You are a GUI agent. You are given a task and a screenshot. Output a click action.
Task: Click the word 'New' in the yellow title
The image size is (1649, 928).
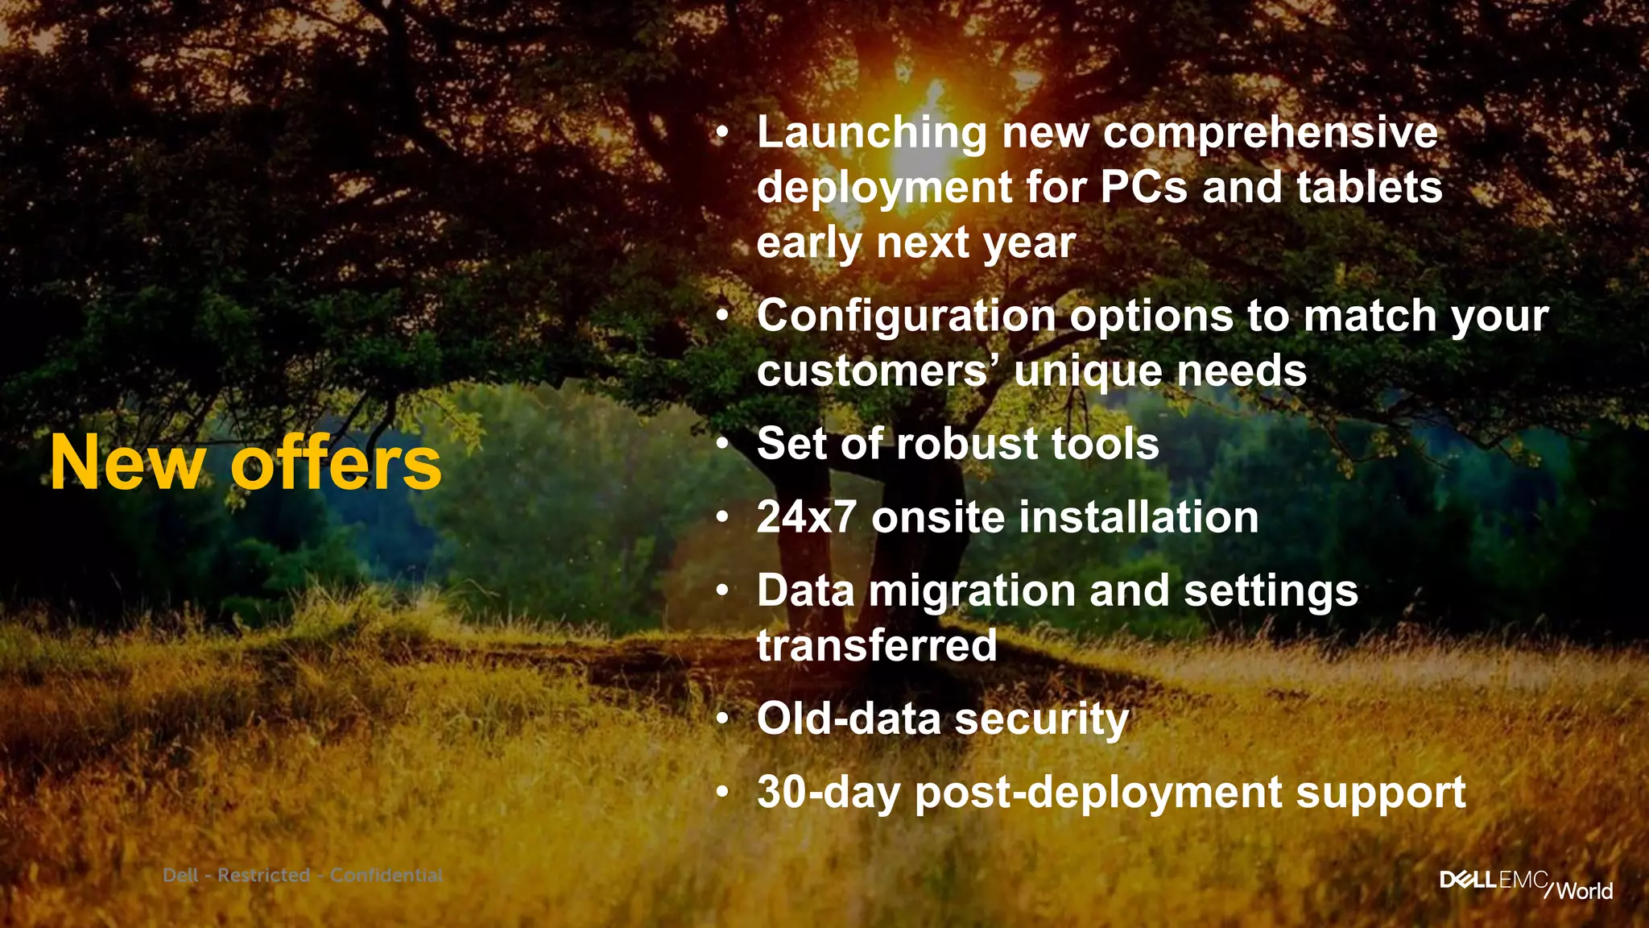(127, 463)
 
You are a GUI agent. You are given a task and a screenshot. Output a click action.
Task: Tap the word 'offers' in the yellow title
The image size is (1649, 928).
(337, 463)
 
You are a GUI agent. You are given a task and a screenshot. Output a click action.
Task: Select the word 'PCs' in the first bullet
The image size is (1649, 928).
(1143, 188)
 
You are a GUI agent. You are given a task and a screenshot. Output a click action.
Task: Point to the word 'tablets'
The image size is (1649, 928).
(1370, 188)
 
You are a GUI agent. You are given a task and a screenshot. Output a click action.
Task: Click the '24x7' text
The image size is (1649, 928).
(807, 517)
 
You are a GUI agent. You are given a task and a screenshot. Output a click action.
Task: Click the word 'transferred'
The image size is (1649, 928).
(877, 646)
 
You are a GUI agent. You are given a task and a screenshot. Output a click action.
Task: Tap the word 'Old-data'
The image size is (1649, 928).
(849, 719)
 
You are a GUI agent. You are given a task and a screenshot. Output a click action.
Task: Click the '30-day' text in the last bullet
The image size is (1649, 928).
(829, 793)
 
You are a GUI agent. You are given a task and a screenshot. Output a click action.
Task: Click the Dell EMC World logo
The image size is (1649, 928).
(1526, 884)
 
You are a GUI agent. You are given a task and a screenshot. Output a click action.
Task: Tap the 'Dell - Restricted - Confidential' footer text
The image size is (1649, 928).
(303, 875)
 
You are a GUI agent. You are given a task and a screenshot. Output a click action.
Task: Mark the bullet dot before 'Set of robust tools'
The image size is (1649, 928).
(723, 443)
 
